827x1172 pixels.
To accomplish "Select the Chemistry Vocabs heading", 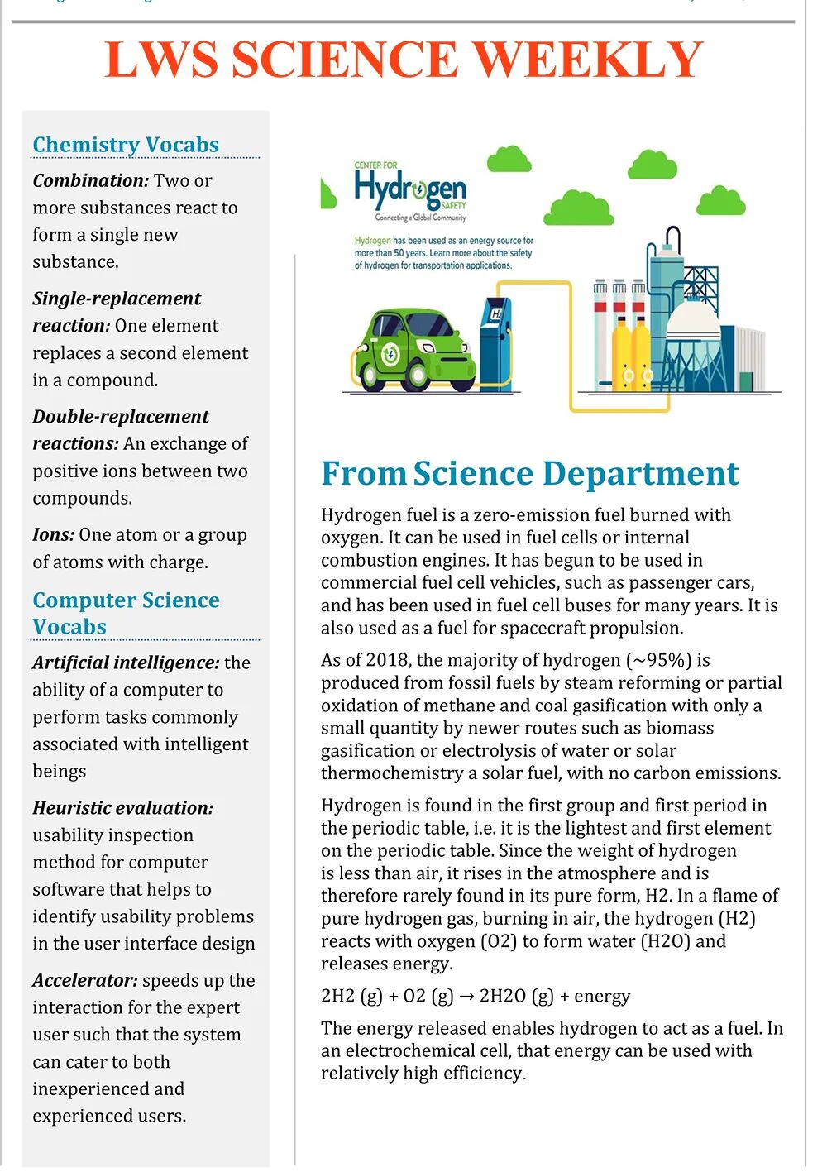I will (x=126, y=145).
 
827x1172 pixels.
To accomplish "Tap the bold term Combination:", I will (x=90, y=180).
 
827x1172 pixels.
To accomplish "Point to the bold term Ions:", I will (x=54, y=535).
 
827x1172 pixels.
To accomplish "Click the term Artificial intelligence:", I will (x=126, y=663).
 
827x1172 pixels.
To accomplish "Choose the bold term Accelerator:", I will (x=85, y=981).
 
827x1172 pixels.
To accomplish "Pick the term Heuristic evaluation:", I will (x=122, y=808).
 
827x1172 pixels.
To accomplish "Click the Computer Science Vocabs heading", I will (x=126, y=613).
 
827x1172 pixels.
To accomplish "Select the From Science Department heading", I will (x=529, y=473).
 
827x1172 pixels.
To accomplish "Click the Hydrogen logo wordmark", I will (x=410, y=189).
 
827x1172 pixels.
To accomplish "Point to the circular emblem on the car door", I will (x=391, y=355).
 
